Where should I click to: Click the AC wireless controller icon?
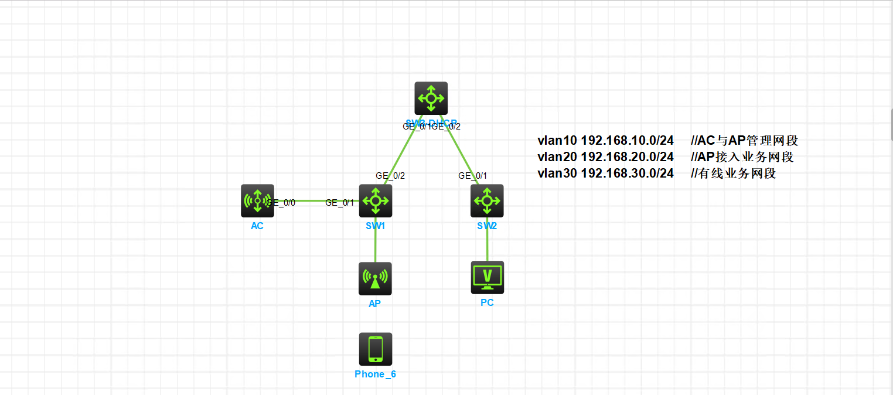pos(257,201)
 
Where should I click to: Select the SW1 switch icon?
pos(375,201)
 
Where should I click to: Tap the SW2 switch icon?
pos(487,201)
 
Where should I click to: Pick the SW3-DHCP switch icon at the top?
pos(431,98)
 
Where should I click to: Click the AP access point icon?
pos(375,278)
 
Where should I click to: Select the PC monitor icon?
pos(487,277)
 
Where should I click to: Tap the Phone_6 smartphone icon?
pos(375,349)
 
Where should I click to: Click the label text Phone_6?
pos(375,374)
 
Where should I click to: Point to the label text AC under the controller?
pos(257,226)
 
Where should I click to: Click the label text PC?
pos(487,302)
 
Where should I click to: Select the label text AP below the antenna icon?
pos(375,304)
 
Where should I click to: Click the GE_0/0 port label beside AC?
pos(281,203)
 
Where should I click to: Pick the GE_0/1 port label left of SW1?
pos(340,203)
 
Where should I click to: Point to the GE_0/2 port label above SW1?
pos(390,175)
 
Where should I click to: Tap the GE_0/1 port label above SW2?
pos(473,175)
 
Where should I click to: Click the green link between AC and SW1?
pos(313,200)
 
